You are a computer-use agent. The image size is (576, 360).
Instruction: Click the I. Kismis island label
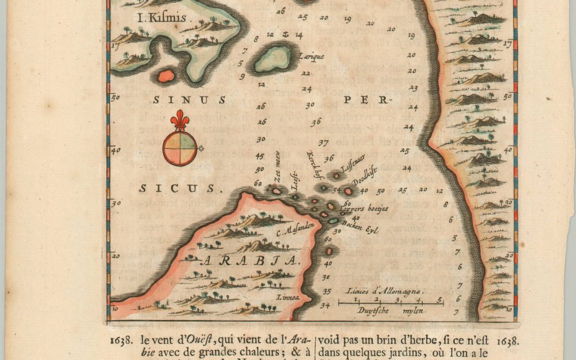point(162,18)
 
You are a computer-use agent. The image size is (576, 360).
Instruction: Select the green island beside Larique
point(273,58)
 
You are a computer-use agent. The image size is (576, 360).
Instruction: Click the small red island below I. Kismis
point(166,76)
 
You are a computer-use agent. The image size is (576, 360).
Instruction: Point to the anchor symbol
point(284,35)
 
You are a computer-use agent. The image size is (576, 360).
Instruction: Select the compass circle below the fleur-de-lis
point(179,148)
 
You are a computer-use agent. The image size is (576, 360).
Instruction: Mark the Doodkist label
point(365,182)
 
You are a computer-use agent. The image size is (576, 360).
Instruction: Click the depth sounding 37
point(323,143)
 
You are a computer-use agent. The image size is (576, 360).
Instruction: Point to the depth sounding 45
point(260,156)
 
